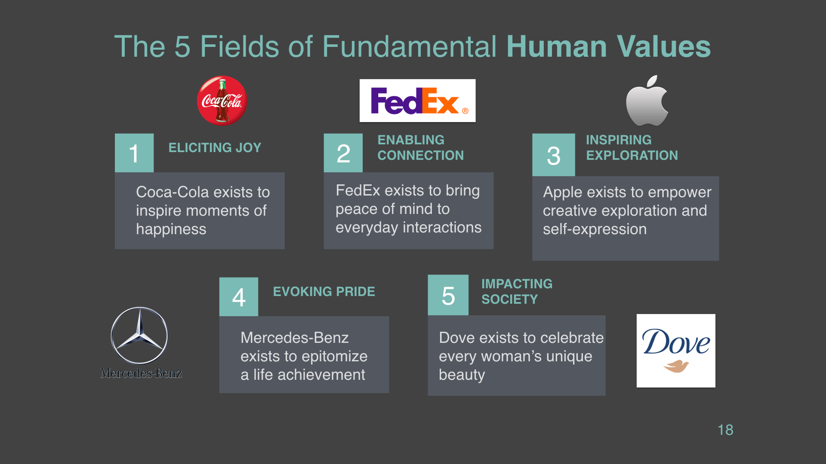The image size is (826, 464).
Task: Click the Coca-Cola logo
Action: click(x=222, y=101)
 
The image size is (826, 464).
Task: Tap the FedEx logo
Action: click(x=417, y=101)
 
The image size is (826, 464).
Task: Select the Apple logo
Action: click(x=647, y=101)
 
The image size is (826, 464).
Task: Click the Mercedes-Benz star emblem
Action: click(x=139, y=336)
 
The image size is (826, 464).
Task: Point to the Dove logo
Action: click(x=676, y=351)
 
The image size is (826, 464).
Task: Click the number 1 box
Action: click(x=134, y=153)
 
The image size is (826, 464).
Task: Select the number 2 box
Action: click(x=343, y=153)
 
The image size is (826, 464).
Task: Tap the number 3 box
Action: click(x=554, y=155)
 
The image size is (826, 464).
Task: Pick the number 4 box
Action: click(x=239, y=297)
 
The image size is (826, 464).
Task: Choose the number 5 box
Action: click(x=448, y=295)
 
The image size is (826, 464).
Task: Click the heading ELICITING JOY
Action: click(x=215, y=148)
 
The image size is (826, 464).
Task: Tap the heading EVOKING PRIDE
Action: click(x=324, y=292)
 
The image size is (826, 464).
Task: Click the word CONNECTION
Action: click(x=421, y=156)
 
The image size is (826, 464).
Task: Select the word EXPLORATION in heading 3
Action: click(x=632, y=156)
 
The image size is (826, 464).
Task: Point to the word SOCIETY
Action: click(x=510, y=299)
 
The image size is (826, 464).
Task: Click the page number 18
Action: click(x=725, y=430)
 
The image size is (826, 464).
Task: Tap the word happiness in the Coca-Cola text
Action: click(x=171, y=229)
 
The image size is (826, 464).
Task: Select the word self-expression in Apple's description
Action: click(x=595, y=229)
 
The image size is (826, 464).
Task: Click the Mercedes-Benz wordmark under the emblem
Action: click(x=141, y=373)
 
